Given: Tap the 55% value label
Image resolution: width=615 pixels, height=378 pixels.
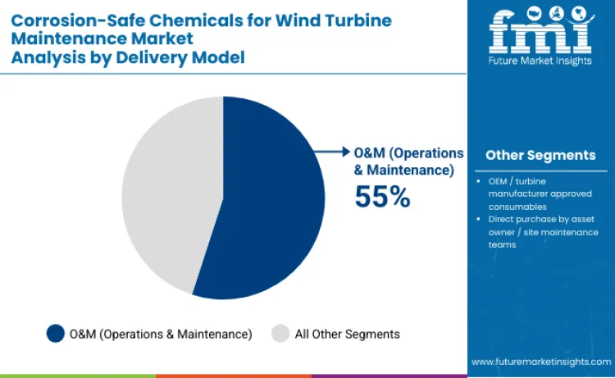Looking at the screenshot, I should click(x=381, y=197).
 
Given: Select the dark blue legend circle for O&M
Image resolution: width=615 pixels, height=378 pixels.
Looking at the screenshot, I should click(x=56, y=333).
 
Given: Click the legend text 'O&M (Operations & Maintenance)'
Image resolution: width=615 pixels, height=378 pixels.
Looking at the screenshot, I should click(x=161, y=334).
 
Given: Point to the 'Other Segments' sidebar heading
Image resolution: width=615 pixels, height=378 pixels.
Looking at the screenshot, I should click(x=540, y=155).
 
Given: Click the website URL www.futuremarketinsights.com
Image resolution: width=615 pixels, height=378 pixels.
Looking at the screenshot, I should click(x=540, y=361).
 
